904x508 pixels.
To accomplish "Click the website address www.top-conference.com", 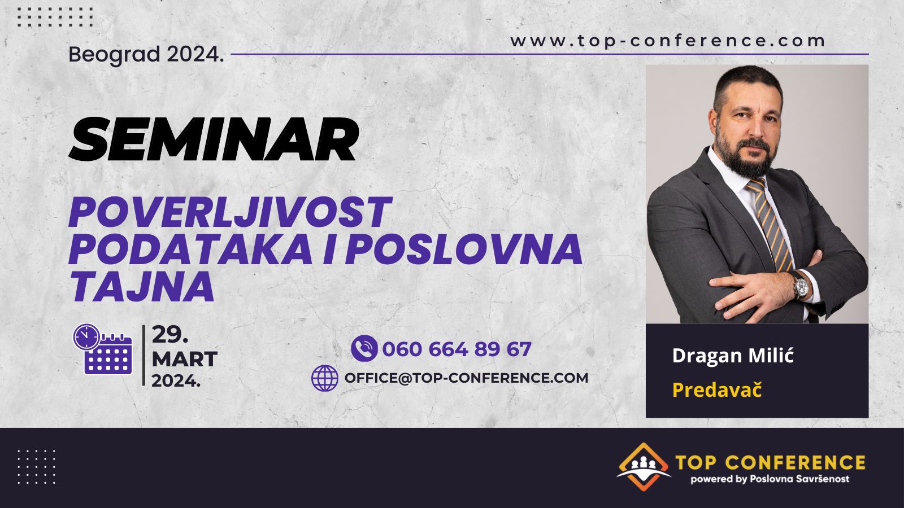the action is [x=667, y=41].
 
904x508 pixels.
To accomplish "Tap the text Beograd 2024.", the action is [x=146, y=54].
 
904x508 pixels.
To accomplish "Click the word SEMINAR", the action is [x=214, y=139].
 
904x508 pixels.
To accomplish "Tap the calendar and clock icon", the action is [x=103, y=349].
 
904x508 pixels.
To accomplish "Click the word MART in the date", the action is [x=184, y=359].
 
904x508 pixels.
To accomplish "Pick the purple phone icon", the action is [x=364, y=348].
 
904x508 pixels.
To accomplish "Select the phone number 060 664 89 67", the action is [x=457, y=349].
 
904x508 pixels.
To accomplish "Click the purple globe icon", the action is [x=324, y=378].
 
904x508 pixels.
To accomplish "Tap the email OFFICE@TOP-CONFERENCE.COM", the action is [x=466, y=378].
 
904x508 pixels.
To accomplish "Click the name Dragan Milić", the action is [x=733, y=356].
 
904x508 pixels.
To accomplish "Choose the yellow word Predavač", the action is [x=717, y=390].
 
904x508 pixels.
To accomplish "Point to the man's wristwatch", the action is [x=801, y=286].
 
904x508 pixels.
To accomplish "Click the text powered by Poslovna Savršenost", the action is [x=770, y=479].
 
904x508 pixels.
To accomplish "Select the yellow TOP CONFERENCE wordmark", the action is [x=771, y=462].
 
